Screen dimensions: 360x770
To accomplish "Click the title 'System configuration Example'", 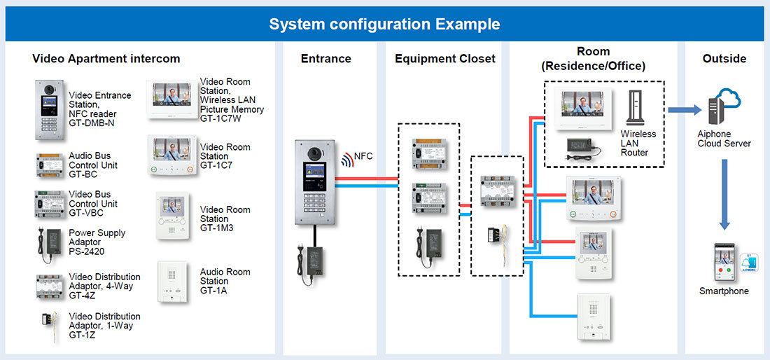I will click(384, 25).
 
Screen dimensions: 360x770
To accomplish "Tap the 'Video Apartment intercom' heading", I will click(106, 59).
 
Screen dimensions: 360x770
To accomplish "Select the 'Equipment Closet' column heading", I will click(444, 59).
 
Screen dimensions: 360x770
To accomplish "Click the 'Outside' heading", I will click(724, 59).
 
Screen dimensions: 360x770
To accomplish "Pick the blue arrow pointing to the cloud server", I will click(683, 110).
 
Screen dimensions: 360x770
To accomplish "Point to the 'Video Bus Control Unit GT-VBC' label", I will click(93, 204).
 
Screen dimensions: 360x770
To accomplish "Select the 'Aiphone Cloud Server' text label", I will click(724, 139).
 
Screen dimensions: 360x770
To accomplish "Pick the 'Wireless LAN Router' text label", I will click(638, 143).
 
